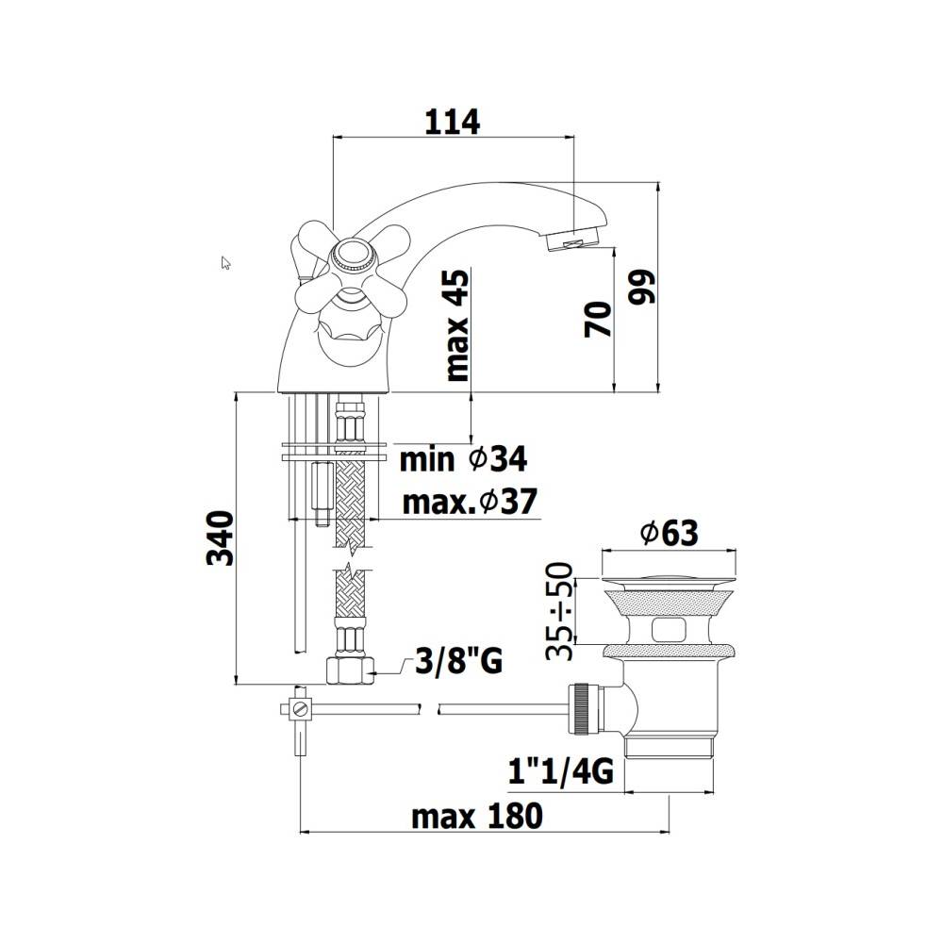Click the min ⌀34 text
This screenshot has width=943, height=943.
point(463,460)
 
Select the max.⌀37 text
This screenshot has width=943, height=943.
point(470,502)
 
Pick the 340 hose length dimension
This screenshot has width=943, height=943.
point(220,538)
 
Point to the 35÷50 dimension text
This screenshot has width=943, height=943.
point(562,609)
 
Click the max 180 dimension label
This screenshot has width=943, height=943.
point(476,816)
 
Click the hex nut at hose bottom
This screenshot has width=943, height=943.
point(348,670)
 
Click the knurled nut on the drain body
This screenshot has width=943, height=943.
point(582,708)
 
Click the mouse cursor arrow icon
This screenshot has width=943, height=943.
point(226,263)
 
